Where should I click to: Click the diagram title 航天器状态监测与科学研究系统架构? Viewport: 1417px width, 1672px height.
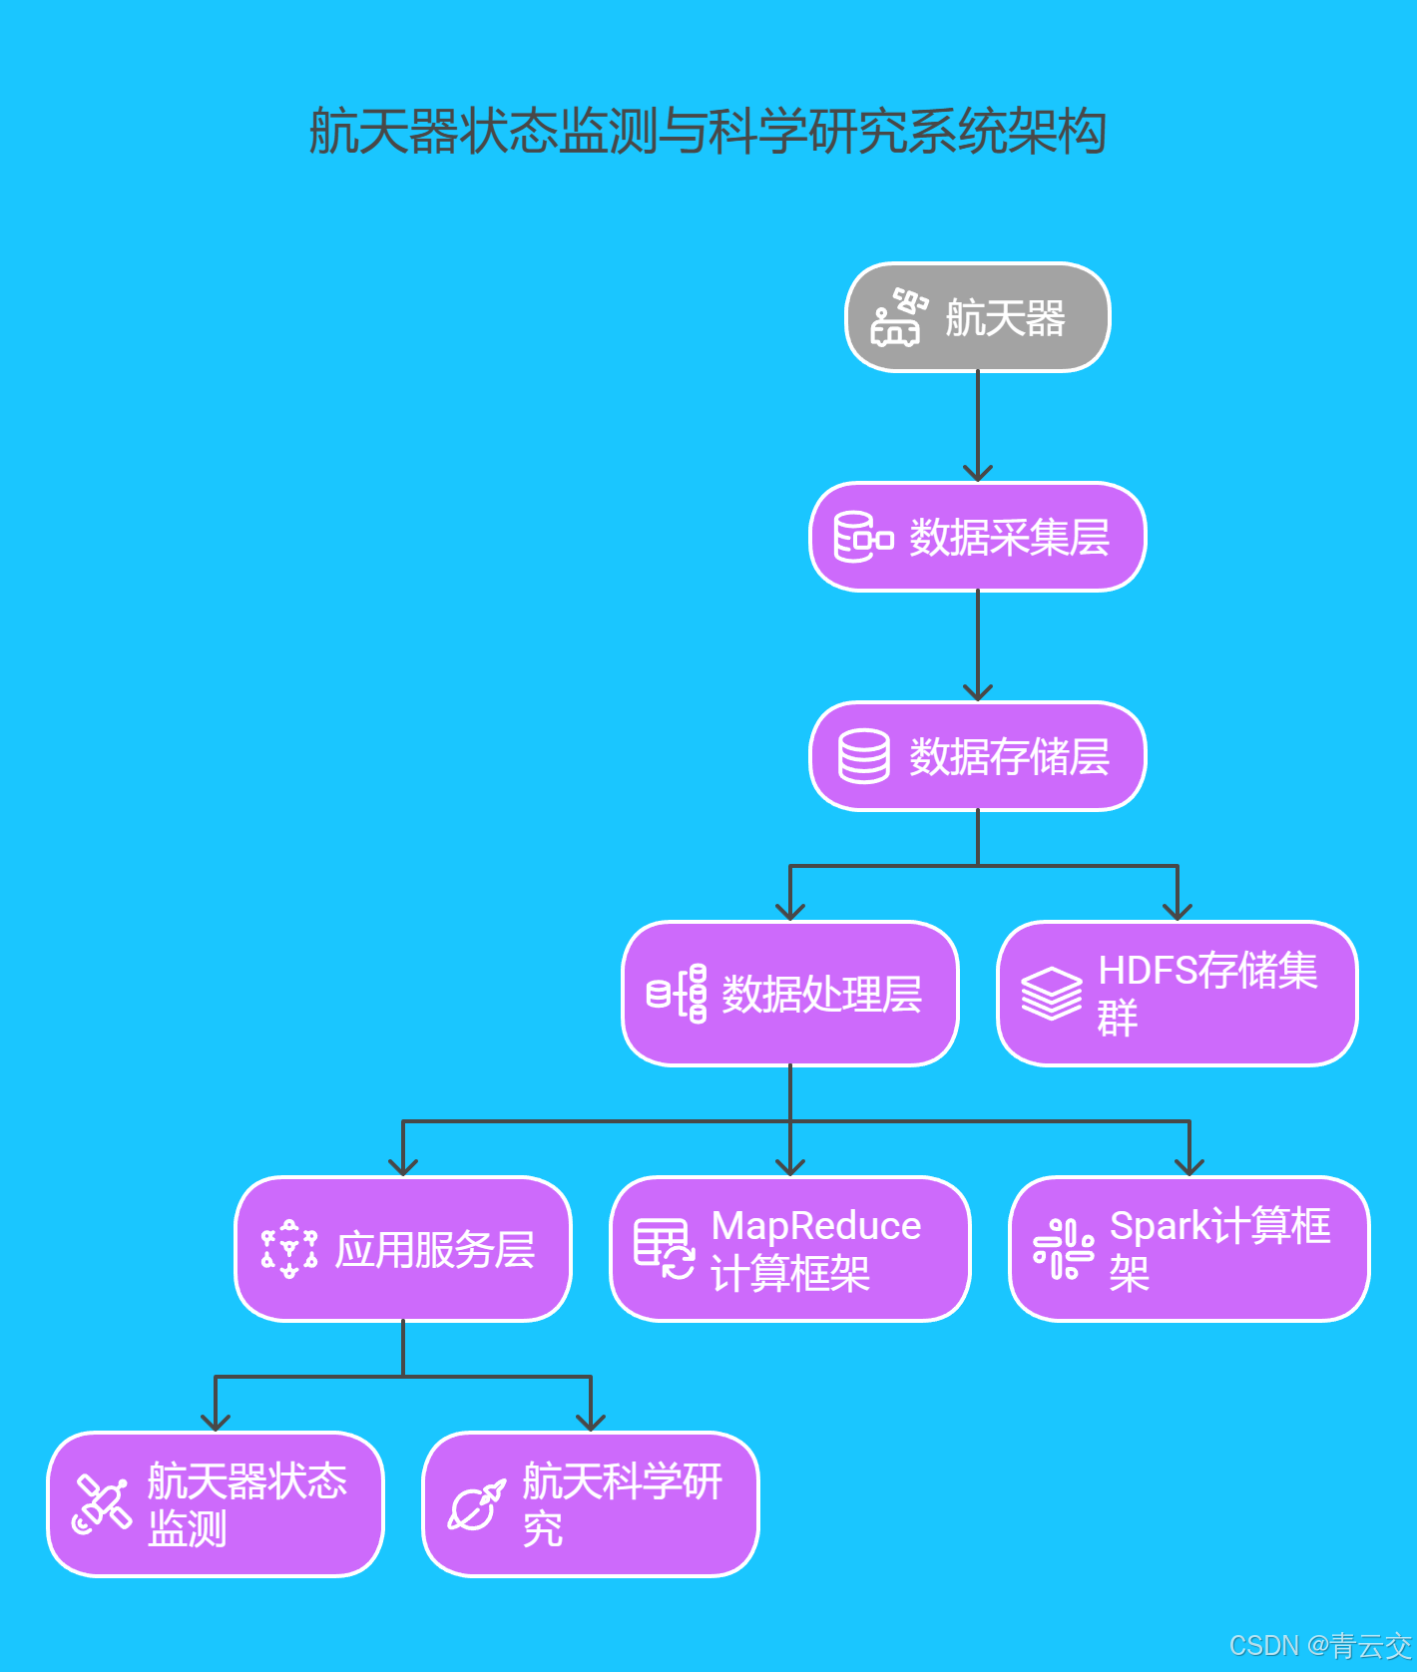pos(708,131)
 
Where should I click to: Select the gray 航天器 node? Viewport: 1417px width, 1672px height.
pos(977,317)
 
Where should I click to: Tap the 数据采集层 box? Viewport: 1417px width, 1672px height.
pos(977,537)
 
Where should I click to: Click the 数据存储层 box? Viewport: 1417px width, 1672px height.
pos(977,756)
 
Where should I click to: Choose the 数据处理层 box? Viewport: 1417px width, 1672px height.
pos(789,994)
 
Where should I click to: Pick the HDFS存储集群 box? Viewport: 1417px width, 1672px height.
pos(1178,994)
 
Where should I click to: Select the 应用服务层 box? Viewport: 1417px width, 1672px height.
pos(403,1249)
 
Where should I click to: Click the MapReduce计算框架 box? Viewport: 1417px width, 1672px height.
pos(789,1249)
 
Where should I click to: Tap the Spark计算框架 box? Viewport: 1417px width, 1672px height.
pos(1188,1249)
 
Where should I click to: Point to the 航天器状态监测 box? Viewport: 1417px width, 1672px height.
pos(216,1504)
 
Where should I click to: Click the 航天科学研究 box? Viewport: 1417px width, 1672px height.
pos(591,1504)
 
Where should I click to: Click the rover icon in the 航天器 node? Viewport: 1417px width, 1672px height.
pos(897,317)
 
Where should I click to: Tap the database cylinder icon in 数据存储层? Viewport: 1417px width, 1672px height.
pos(863,756)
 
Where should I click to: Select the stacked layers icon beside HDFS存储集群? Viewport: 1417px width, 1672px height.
pos(1051,994)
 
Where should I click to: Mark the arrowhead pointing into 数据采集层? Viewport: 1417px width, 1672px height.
pos(977,473)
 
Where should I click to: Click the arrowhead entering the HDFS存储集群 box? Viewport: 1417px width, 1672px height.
pos(1178,911)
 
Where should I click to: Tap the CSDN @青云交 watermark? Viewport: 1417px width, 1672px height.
pos(1319,1645)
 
